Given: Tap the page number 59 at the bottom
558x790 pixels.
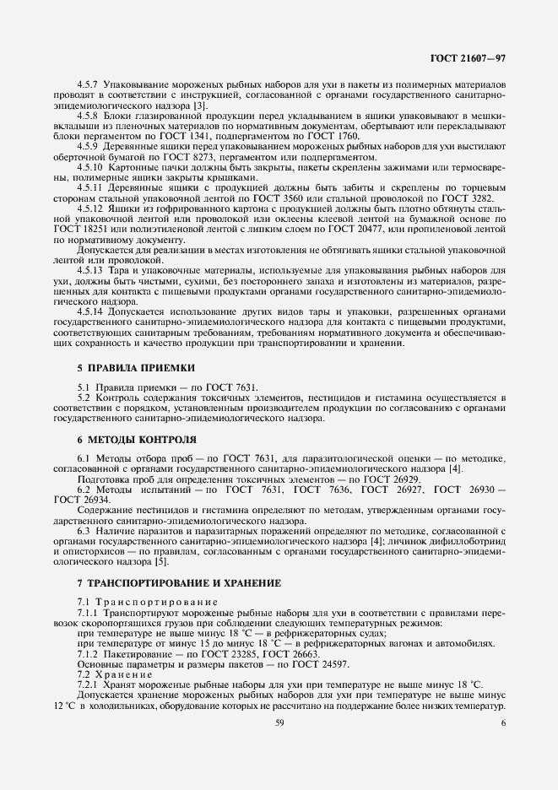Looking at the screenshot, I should click(279, 722).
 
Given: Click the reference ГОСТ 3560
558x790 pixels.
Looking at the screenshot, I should click(288, 197).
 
